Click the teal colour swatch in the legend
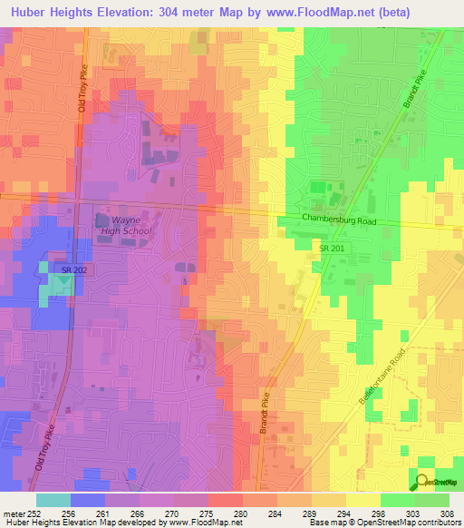coord(53,500)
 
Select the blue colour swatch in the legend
coord(88,500)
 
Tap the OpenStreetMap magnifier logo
coord(420,481)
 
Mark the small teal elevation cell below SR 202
coord(59,286)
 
